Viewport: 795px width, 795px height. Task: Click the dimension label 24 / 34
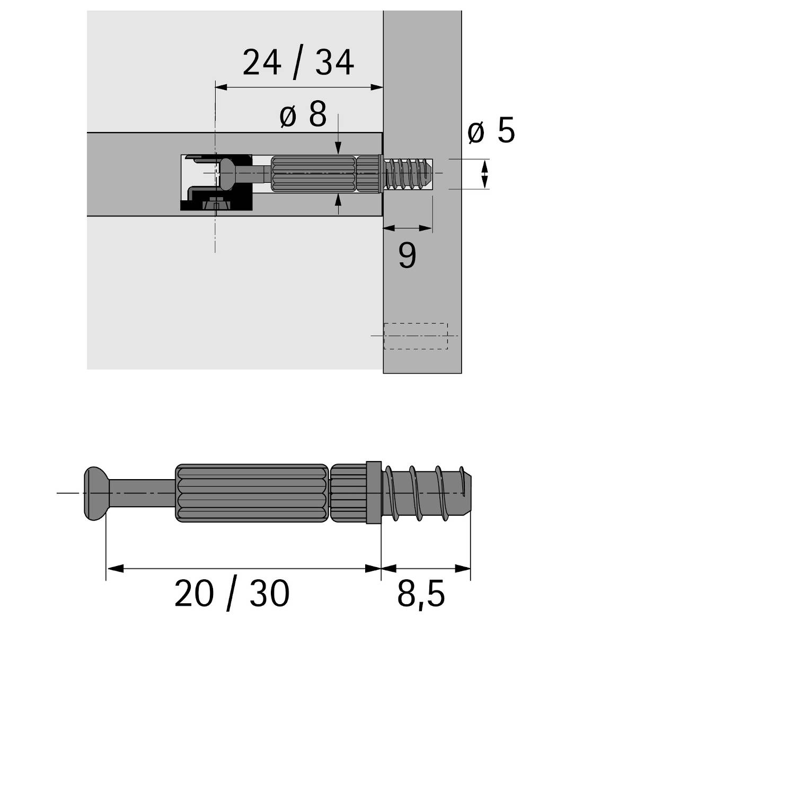coord(298,63)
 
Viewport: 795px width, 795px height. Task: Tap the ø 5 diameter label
coord(491,131)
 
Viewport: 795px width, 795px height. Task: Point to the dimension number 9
coord(407,255)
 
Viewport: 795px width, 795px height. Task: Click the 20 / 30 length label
coord(232,594)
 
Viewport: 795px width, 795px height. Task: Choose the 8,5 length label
coord(421,594)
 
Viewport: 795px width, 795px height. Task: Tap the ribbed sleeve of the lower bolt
coord(251,493)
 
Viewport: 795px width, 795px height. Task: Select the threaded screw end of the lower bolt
coord(427,493)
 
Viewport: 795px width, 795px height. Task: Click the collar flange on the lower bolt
coord(373,493)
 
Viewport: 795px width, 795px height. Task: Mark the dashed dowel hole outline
coord(416,336)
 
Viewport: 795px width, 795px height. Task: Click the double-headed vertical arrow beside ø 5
coord(484,175)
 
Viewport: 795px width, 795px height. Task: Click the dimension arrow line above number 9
coord(407,228)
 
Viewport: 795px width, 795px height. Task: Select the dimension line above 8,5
coord(426,569)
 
